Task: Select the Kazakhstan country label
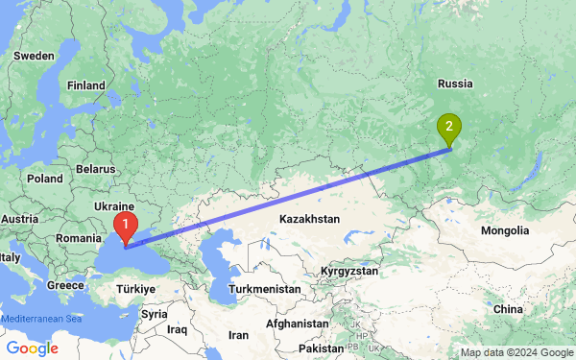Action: coord(309,220)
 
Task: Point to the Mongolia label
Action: coord(505,230)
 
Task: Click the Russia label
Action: coord(457,84)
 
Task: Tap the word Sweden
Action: coord(34,56)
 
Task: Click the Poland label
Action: coord(44,179)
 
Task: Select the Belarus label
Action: coord(95,168)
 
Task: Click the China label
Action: coord(508,309)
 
